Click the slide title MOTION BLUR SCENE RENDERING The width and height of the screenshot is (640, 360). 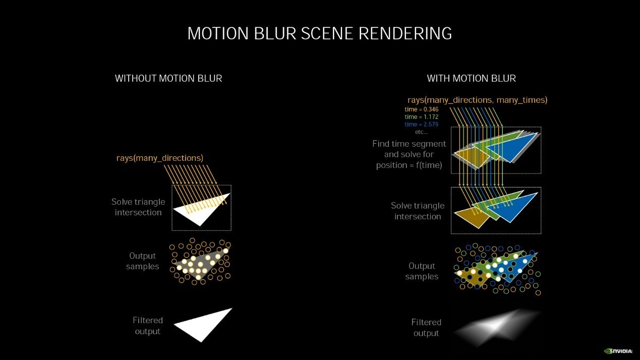coord(320,33)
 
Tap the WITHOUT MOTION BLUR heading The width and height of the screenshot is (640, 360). coord(168,78)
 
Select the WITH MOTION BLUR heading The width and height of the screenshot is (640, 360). coord(472,78)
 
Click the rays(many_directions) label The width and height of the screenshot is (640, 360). coord(160,158)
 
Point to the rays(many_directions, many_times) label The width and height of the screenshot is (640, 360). coord(478,100)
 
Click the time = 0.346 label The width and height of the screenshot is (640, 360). coord(422,109)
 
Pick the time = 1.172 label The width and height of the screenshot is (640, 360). coord(422,116)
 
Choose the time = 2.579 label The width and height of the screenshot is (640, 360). coord(422,124)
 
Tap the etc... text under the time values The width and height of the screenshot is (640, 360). coord(422,132)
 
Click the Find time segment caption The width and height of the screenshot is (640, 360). coord(409,154)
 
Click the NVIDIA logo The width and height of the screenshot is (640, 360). coord(618,351)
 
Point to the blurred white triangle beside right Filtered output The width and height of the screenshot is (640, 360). coord(497,327)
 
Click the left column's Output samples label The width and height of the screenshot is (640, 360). coord(142,261)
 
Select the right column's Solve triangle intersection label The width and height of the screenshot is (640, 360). coord(418,211)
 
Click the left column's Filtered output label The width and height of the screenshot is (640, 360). coord(148,326)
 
